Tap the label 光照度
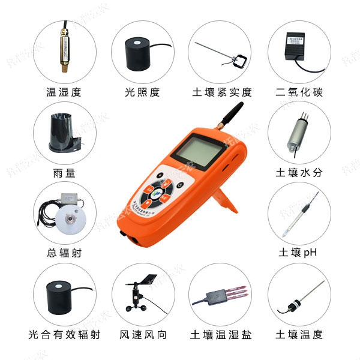tap(142, 92)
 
